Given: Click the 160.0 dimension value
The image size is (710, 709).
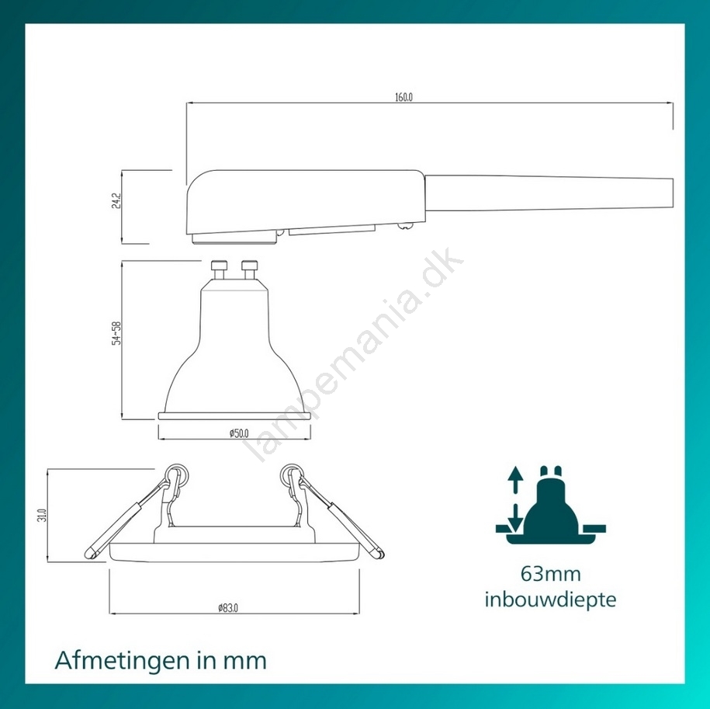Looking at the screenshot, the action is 403,97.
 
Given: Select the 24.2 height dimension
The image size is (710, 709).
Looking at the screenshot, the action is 116,201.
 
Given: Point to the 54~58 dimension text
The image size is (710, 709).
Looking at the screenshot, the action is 116,334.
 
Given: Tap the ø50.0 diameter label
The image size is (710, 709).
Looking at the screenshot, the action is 239,433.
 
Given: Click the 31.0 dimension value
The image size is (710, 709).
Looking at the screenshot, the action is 42,516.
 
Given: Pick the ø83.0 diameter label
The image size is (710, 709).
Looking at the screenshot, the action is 228,608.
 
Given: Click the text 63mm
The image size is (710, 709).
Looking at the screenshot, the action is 550,574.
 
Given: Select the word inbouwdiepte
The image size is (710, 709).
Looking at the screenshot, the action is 550,600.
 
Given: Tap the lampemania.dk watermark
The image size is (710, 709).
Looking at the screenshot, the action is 352,354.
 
